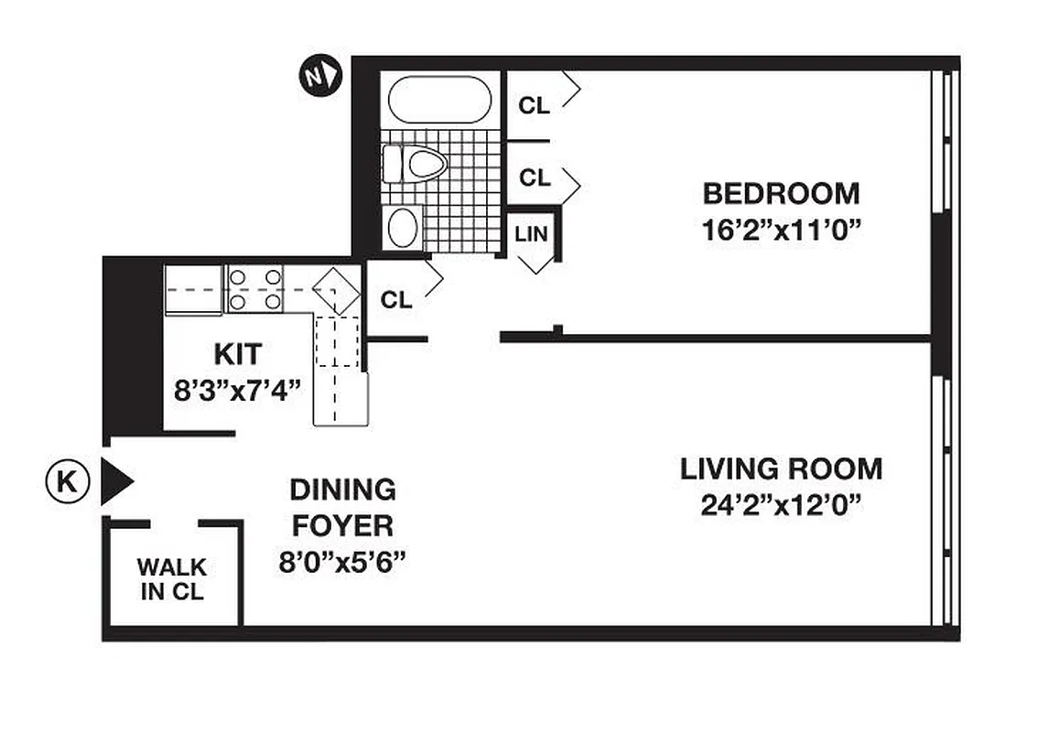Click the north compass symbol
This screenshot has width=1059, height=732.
click(320, 76)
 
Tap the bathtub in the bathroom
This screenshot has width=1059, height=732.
click(439, 99)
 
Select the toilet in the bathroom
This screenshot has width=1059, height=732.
click(416, 165)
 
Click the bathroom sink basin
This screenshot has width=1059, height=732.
click(403, 228)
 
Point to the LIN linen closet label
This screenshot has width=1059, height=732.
click(531, 233)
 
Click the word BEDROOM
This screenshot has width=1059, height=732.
click(781, 194)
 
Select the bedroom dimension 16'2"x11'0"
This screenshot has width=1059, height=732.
click(783, 228)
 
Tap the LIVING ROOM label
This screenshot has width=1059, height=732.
click(781, 469)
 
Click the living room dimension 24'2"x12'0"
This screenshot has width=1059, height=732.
click(781, 502)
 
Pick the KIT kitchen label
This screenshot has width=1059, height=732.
click(237, 353)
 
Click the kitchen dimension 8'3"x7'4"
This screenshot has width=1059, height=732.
click(238, 390)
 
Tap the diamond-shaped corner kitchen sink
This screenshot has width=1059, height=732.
click(335, 289)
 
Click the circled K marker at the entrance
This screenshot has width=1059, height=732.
click(67, 481)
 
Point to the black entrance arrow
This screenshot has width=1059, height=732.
click(115, 481)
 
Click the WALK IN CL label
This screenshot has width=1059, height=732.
click(172, 579)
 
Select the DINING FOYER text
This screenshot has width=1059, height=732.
click(342, 507)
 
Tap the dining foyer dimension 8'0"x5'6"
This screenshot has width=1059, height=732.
click(342, 560)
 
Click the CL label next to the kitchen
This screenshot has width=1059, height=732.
click(396, 300)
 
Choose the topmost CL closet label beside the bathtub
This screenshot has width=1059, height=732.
click(535, 105)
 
